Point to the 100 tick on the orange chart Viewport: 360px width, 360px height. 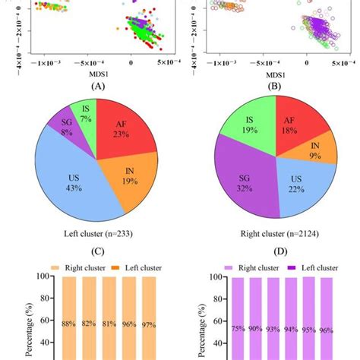coord(44,276)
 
